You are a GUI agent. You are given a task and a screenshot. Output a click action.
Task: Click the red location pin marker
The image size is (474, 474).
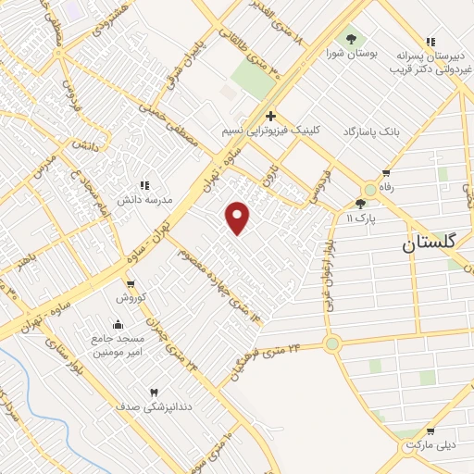(238, 216)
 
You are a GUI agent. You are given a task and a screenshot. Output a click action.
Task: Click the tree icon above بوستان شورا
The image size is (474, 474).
(350, 39)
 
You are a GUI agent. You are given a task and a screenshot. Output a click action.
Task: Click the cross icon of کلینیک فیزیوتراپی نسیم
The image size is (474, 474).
(270, 116)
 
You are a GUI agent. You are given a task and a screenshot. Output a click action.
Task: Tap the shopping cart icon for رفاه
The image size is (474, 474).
(386, 172)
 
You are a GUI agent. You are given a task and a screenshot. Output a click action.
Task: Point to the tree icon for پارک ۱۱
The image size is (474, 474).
(360, 204)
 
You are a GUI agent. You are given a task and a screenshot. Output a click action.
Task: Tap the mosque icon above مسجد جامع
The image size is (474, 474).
(118, 324)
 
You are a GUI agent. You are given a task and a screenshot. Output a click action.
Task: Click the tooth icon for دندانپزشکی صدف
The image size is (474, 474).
(154, 393)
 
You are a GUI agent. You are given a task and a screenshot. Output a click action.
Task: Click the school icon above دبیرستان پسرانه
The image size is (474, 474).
(430, 42)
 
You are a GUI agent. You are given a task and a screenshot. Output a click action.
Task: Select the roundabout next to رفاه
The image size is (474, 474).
(370, 189)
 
